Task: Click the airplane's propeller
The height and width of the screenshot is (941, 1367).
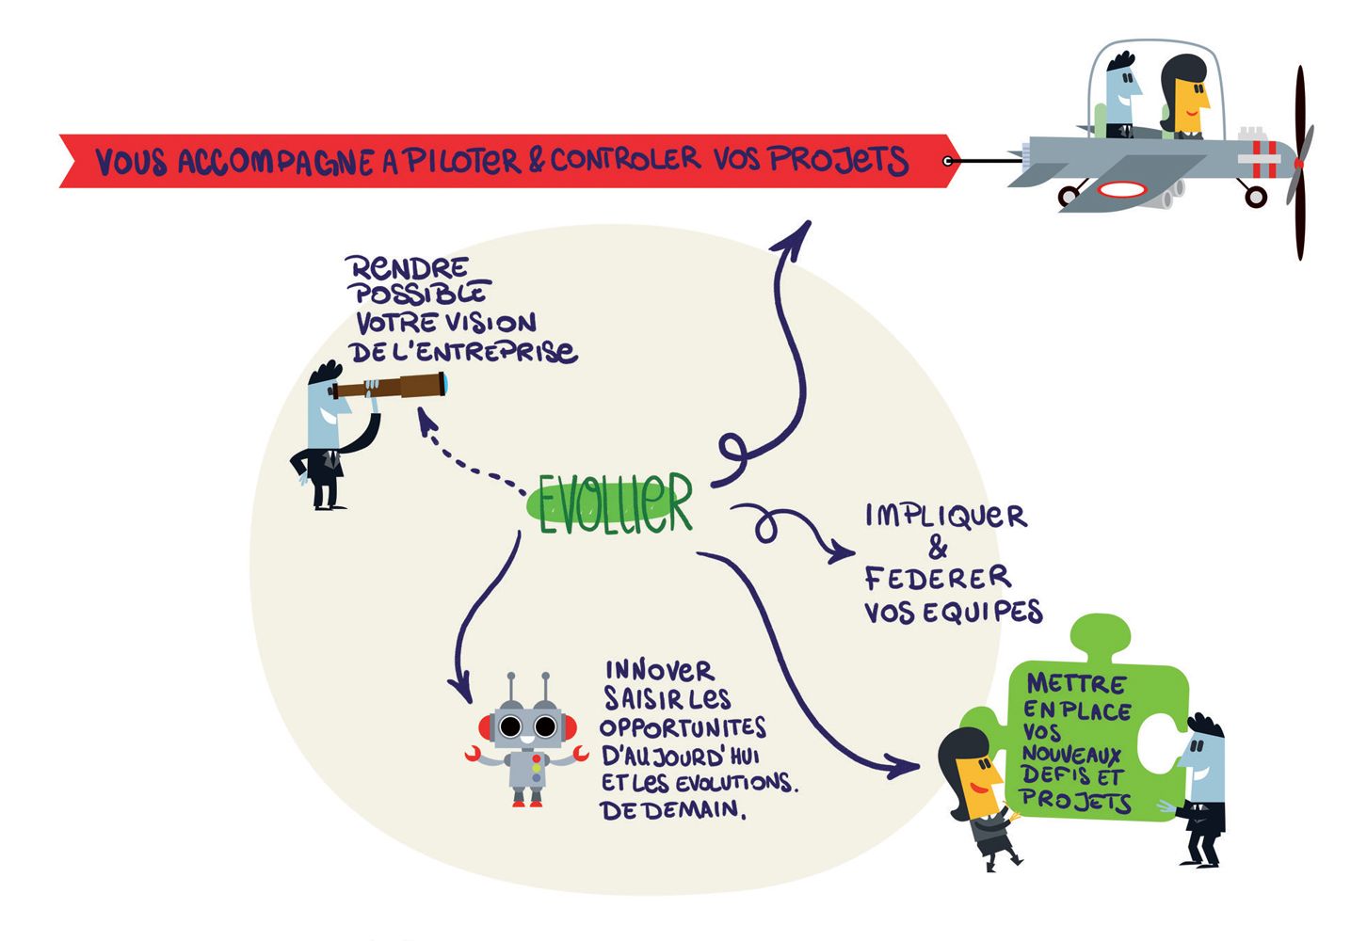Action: coord(1300,163)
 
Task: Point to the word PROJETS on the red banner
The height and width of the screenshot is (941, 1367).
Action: coord(838,159)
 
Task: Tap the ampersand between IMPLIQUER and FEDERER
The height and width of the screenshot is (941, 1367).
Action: coord(938,547)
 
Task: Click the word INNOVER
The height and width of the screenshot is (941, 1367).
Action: coord(659,670)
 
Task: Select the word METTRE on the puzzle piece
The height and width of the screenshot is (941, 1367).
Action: coord(1075,683)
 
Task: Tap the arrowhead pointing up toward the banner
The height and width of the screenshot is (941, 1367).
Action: coord(795,235)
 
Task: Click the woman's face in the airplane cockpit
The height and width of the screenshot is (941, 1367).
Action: coord(1192,97)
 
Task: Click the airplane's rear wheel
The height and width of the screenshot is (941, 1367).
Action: coord(1069,196)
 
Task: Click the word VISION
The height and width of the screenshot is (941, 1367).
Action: coord(491,323)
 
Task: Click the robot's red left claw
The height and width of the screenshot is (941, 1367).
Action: coord(474,753)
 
